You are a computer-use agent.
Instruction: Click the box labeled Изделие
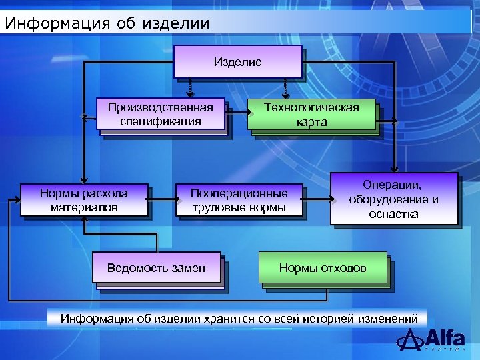(x=237, y=62)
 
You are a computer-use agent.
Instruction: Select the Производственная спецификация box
(x=161, y=114)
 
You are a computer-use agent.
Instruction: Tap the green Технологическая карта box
(x=311, y=114)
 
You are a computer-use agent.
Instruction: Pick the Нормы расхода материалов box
(x=84, y=199)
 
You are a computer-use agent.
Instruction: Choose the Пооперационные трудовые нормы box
(x=239, y=199)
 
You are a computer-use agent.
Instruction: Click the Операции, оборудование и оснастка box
(x=393, y=198)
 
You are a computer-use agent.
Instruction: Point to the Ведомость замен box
(x=157, y=268)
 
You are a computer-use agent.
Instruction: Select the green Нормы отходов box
(x=323, y=268)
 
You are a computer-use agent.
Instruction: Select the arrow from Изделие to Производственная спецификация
(x=190, y=87)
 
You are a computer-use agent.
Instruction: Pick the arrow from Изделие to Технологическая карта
(x=286, y=87)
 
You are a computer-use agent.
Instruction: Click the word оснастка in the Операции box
(x=393, y=214)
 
